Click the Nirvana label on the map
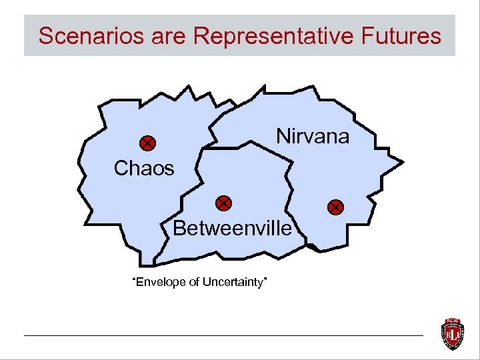[x=313, y=137]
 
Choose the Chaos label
[x=144, y=169]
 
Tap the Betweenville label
[x=232, y=229]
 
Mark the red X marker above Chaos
[x=147, y=143]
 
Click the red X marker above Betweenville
[x=224, y=203]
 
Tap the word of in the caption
[x=194, y=283]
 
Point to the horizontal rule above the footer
[x=223, y=335]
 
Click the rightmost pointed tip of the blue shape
[x=403, y=161]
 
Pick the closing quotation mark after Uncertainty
[x=266, y=280]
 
